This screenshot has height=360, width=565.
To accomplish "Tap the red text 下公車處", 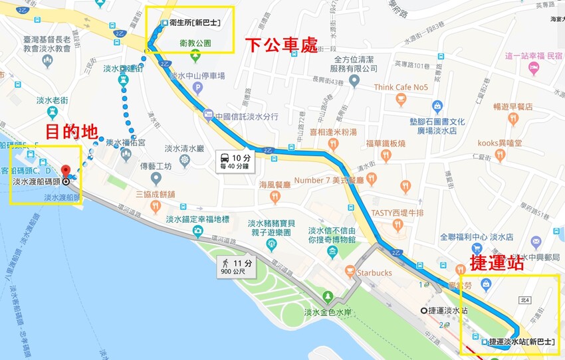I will (x=282, y=45).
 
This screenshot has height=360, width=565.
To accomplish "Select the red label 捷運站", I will (x=497, y=262).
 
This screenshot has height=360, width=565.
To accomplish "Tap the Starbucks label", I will (x=373, y=272).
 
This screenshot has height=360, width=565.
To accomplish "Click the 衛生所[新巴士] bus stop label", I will (x=194, y=23).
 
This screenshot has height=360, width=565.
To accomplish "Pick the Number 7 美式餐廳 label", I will (x=328, y=180).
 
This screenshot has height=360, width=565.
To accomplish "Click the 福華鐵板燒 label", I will (x=386, y=143).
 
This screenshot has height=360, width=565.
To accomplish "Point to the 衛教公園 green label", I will (x=195, y=43).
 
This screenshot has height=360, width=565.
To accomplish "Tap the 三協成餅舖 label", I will (x=155, y=195).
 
